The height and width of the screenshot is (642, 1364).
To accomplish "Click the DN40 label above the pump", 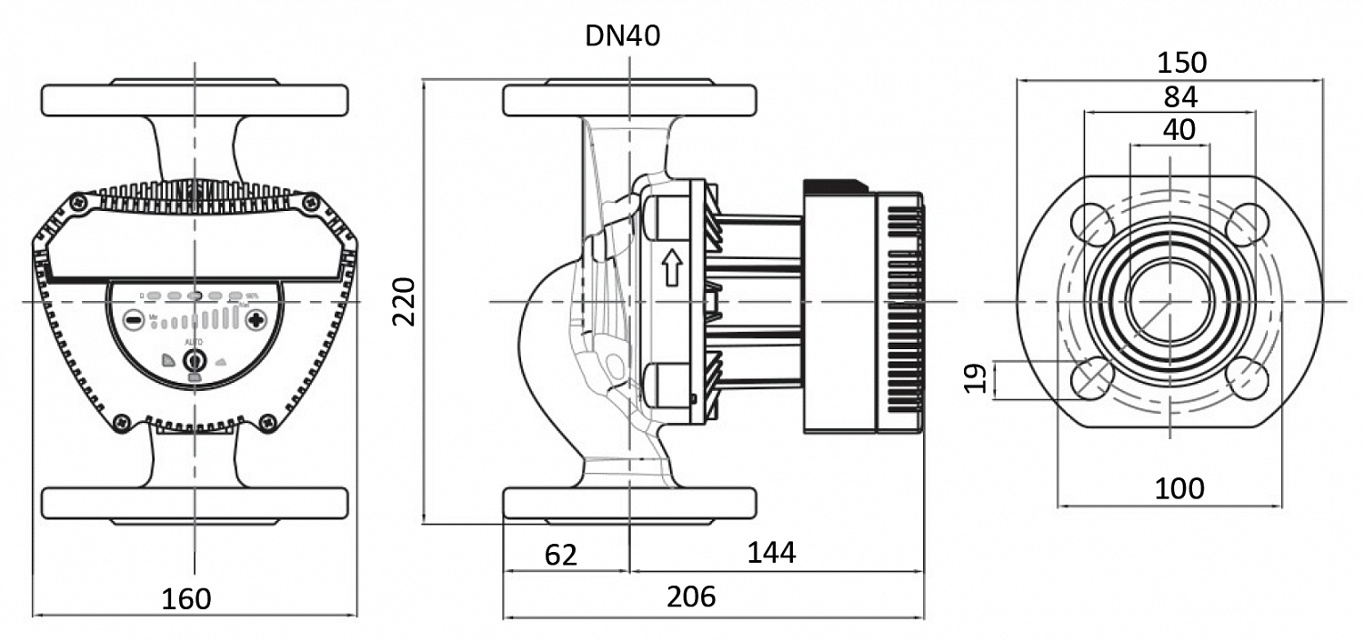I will tap(623, 36).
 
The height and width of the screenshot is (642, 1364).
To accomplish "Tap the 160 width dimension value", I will tap(186, 599).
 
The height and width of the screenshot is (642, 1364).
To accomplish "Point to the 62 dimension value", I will tap(561, 555).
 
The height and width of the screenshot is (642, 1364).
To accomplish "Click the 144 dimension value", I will tap(771, 552).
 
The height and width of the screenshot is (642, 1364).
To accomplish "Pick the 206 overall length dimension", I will tap(691, 597).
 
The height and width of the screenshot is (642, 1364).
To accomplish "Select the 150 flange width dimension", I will tap(1181, 63).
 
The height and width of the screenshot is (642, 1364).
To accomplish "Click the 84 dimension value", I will tap(1179, 96).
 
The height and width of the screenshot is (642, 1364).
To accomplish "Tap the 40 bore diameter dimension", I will tap(1179, 130).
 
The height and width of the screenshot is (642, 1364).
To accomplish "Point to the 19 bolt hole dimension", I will tap(975, 378).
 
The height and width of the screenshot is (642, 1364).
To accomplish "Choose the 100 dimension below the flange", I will tap(1179, 488).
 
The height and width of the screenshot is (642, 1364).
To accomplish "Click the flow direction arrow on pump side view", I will tap(672, 270).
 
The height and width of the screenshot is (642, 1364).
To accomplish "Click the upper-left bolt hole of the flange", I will tap(1092, 222).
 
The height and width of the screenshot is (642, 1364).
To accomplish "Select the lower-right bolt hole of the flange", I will tap(1249, 378).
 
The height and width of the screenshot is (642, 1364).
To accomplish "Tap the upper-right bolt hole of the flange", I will tap(1249, 222).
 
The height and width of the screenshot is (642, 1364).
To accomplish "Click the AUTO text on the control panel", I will tap(195, 340).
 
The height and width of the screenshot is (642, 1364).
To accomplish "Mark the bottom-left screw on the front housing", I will tap(120, 421).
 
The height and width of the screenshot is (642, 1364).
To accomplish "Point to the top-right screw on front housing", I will tap(311, 202).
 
